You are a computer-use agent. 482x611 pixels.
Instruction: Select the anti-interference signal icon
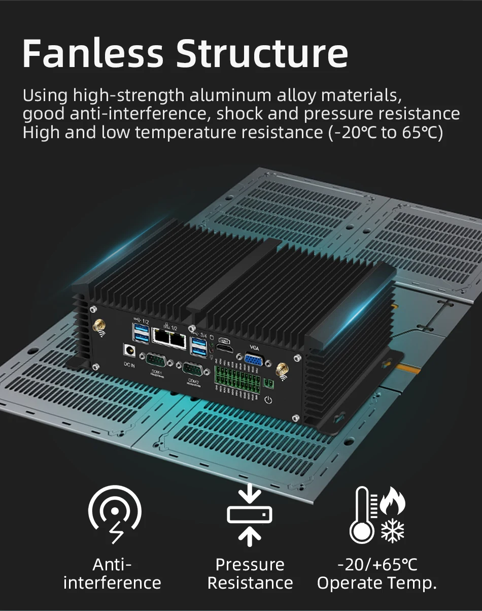(115, 513)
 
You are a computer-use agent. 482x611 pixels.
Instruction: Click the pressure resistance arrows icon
(249, 515)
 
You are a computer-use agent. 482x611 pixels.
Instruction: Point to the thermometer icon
(362, 515)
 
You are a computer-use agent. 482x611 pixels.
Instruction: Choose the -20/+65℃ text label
(377, 565)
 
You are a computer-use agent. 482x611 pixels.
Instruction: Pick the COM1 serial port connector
(155, 361)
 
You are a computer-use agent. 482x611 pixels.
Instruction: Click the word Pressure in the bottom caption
(250, 565)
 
